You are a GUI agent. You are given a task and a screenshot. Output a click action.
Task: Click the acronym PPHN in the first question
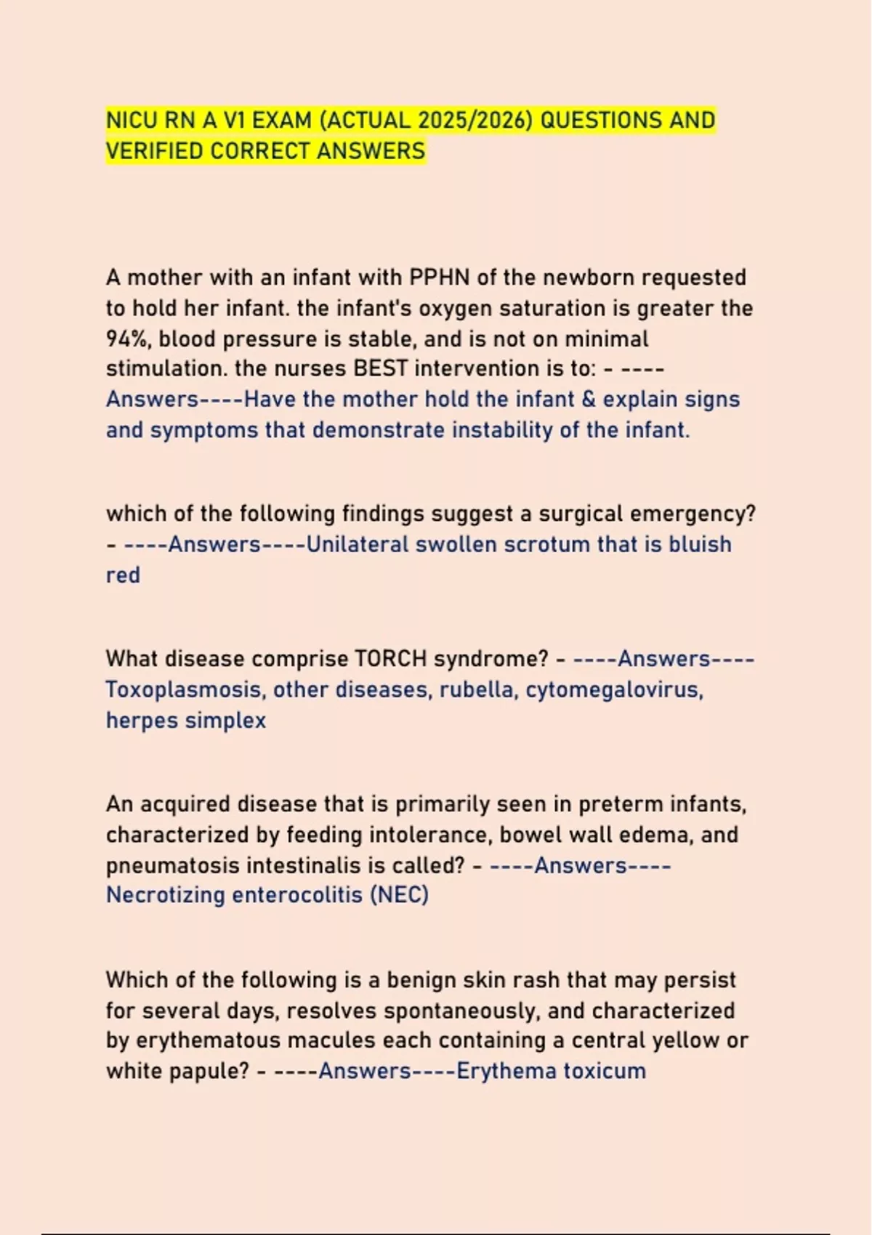(439, 278)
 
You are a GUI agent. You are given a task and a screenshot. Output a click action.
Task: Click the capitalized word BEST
(380, 368)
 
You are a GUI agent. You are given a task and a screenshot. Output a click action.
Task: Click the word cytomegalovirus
(614, 689)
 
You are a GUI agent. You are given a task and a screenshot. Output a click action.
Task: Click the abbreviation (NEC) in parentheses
(399, 894)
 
